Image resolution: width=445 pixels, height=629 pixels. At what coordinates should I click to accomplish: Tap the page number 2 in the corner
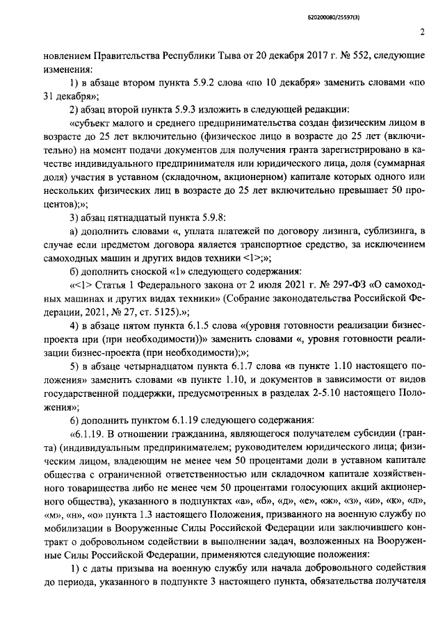(x=422, y=31)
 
